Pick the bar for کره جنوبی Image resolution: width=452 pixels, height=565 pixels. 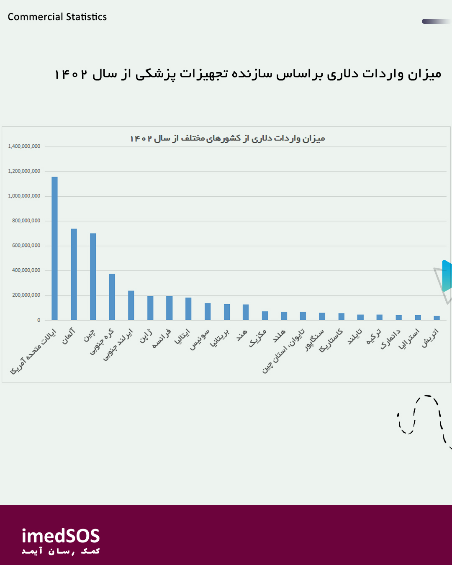pyautogui.click(x=112, y=297)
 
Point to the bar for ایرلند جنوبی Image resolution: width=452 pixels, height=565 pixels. pyautogui.click(x=131, y=306)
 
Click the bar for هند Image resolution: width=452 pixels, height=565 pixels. pyautogui.click(x=246, y=312)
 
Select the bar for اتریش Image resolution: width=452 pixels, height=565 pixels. pyautogui.click(x=437, y=318)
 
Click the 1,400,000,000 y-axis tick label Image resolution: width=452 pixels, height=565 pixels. pyautogui.click(x=24, y=146)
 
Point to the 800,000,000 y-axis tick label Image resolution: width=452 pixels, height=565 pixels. pyautogui.click(x=26, y=221)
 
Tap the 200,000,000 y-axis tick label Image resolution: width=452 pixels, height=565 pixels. pyautogui.click(x=26, y=295)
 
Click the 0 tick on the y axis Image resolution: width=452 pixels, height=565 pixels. pyautogui.click(x=39, y=320)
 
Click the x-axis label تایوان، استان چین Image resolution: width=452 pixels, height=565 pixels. pyautogui.click(x=283, y=352)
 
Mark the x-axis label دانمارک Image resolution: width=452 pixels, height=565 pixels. pyautogui.click(x=390, y=339)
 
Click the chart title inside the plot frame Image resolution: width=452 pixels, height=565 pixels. pyautogui.click(x=227, y=139)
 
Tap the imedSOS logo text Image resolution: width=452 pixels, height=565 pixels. pyautogui.click(x=61, y=537)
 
